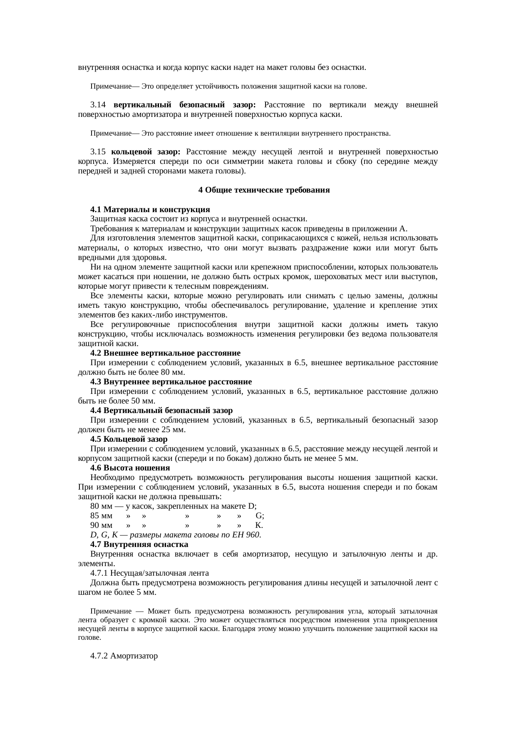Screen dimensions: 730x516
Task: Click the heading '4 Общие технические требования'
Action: point(264,190)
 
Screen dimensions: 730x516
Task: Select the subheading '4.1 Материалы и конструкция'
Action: point(150,209)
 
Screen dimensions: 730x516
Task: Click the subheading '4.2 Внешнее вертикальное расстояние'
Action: point(165,353)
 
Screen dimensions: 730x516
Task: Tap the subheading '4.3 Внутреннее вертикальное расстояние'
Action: point(171,382)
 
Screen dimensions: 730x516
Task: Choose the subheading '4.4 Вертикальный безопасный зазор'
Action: point(161,411)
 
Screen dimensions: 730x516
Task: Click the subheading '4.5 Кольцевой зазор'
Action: point(129,439)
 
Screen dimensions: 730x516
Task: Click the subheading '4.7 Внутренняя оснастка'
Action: point(139,544)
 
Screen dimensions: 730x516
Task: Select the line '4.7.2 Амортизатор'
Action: point(124,656)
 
